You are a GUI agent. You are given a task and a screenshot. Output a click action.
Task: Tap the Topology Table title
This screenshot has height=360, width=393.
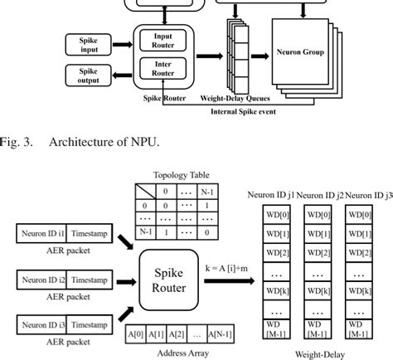click(x=181, y=176)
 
